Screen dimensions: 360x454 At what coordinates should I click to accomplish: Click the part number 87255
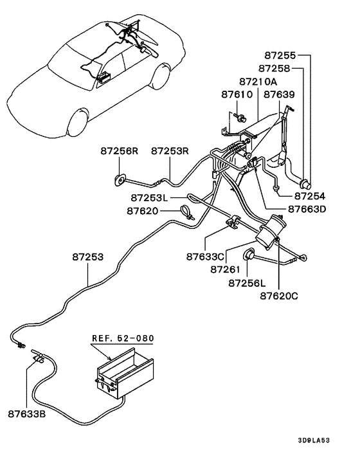pyautogui.click(x=280, y=55)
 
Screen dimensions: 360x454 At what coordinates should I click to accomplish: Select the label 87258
pyautogui.click(x=274, y=69)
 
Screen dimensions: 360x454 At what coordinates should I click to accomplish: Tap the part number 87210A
pyautogui.click(x=258, y=82)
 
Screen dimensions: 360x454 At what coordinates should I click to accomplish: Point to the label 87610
pyautogui.click(x=237, y=95)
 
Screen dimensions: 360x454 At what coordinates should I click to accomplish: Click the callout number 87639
pyautogui.click(x=279, y=95)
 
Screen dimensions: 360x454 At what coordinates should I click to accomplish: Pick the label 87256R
pyautogui.click(x=120, y=151)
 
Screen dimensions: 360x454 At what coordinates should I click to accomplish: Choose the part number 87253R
pyautogui.click(x=170, y=151)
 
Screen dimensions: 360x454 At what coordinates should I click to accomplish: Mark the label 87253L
pyautogui.click(x=149, y=198)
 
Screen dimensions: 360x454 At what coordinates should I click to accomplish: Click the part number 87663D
pyautogui.click(x=307, y=209)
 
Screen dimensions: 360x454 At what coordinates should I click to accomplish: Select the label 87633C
pyautogui.click(x=205, y=257)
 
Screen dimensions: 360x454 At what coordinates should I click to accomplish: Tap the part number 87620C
pyautogui.click(x=279, y=296)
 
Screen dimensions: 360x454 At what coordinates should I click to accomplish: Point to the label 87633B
pyautogui.click(x=27, y=414)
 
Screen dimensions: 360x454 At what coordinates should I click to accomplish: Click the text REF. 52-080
pyautogui.click(x=123, y=338)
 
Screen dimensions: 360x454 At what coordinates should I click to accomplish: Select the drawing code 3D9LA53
pyautogui.click(x=314, y=440)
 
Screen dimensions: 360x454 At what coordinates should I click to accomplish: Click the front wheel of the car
pyautogui.click(x=77, y=122)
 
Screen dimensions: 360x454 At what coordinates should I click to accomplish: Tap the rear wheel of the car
pyautogui.click(x=161, y=77)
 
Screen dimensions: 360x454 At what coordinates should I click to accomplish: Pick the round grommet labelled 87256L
pyautogui.click(x=248, y=254)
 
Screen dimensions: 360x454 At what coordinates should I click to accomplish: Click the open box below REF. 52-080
pyautogui.click(x=125, y=374)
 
